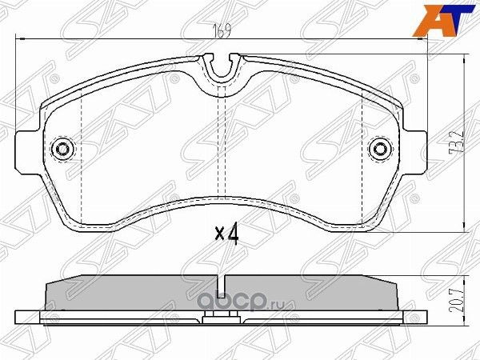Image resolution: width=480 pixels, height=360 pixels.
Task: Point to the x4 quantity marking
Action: click(x=228, y=234)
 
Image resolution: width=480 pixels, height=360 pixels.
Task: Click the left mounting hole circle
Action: click(x=62, y=150)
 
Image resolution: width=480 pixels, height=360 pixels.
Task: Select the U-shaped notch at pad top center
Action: click(x=223, y=68)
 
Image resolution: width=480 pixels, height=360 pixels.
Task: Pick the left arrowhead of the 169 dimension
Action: click(x=22, y=38)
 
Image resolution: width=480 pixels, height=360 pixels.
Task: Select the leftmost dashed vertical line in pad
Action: click(x=83, y=152)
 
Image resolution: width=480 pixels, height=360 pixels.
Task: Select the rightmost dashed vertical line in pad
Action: click(x=363, y=152)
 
